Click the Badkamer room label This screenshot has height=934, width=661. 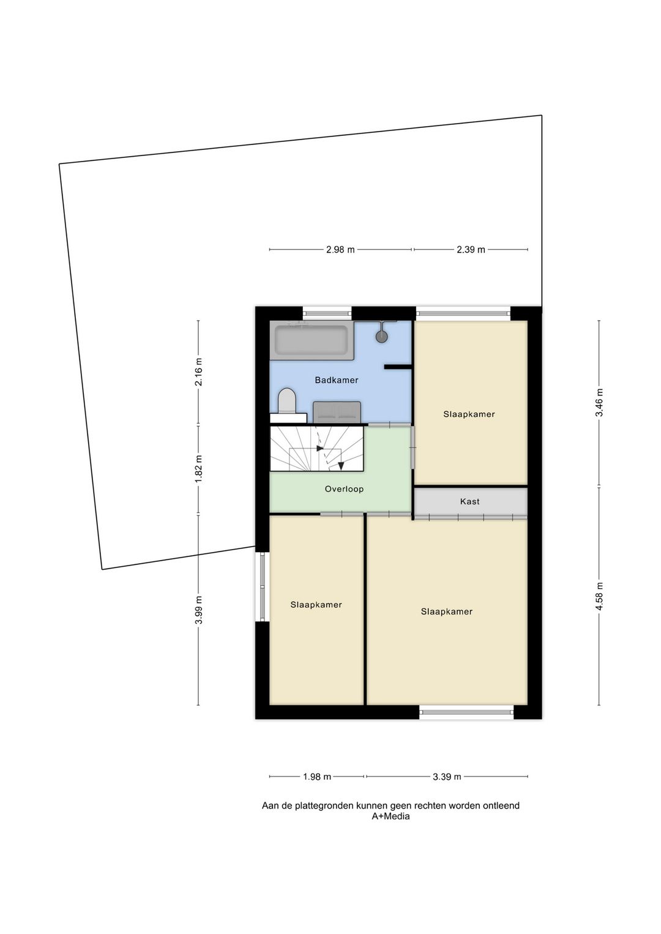(336, 380)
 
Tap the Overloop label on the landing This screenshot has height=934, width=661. (344, 488)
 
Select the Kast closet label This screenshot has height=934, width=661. (469, 501)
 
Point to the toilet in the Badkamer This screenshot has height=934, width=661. (286, 401)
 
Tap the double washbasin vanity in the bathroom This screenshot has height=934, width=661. (337, 412)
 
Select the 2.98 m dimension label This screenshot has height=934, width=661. (340, 250)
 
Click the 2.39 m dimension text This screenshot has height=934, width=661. (471, 250)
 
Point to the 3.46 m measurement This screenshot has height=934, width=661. (599, 402)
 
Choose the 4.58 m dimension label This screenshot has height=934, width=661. (599, 596)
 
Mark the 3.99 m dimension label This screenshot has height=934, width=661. (198, 609)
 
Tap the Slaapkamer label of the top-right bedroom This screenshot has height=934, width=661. (469, 414)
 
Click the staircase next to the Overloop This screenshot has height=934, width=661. (317, 449)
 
